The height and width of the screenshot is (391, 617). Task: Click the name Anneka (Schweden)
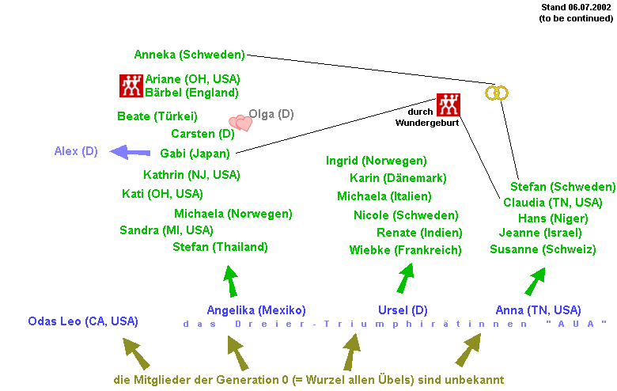pos(189,55)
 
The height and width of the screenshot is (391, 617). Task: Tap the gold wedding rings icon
pos(496,93)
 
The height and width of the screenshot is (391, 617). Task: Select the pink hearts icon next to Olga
pos(240,123)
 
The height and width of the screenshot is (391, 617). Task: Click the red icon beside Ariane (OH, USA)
pos(131,85)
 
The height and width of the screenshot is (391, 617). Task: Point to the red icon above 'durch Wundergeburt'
pos(448,104)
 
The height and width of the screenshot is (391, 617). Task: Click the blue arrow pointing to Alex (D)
pos(131,151)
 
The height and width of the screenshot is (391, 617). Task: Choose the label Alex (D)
pos(76,151)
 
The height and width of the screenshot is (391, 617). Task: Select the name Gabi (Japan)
pos(195,154)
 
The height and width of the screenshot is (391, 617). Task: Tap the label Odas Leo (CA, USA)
pos(83,321)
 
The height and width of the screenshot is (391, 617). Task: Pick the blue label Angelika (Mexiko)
pos(256,310)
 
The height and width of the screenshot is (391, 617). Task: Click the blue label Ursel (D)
pos(403,310)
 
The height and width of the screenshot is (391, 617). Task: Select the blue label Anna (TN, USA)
pos(538,310)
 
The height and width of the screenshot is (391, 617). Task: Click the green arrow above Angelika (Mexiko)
pos(230,281)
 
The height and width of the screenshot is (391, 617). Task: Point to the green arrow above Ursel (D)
pos(406,278)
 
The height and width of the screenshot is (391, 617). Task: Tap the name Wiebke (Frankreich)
pos(405,250)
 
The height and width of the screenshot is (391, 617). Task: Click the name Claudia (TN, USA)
pos(553,203)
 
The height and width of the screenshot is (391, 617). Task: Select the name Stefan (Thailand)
pos(220,247)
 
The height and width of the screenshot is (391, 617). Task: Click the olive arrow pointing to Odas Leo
pos(136,353)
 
